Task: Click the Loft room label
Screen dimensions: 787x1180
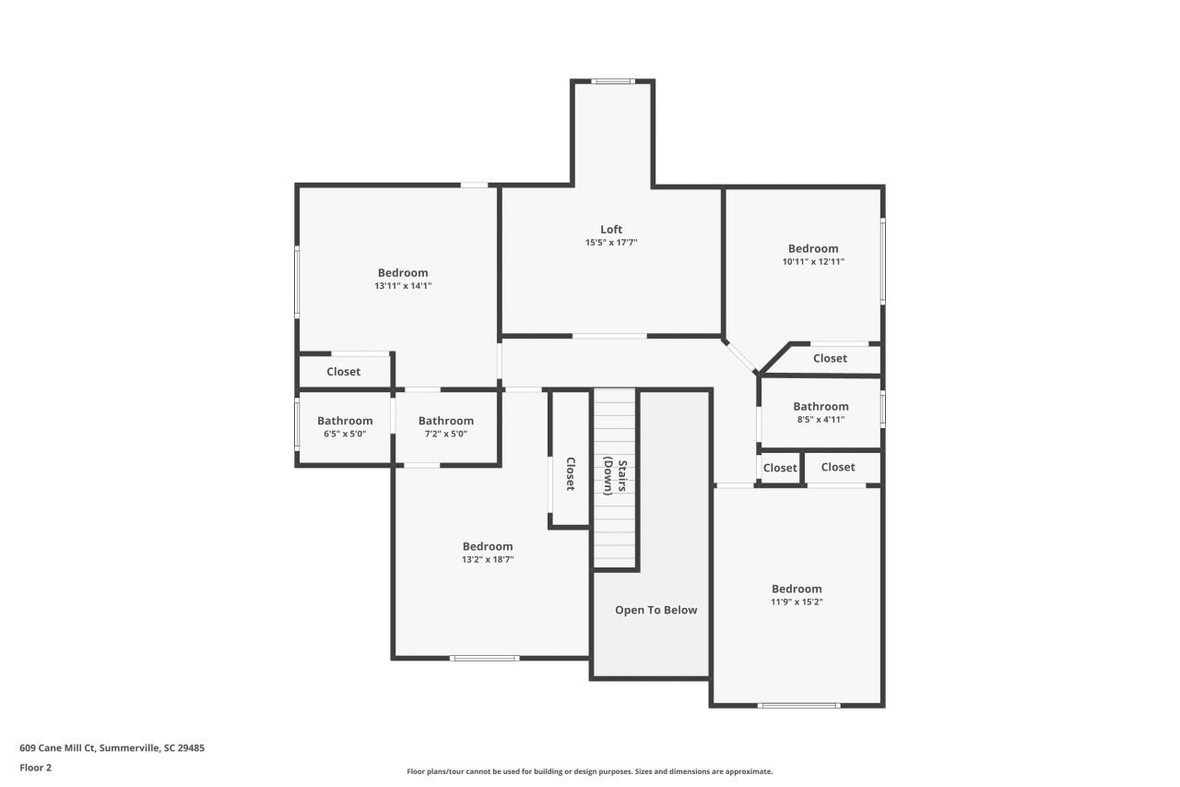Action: tap(611, 230)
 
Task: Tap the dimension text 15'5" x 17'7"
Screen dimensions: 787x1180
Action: tap(611, 243)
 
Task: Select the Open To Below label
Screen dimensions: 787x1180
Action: tap(655, 610)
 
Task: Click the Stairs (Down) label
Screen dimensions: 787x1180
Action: tap(615, 477)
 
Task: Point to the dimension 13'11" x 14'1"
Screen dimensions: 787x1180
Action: tap(403, 286)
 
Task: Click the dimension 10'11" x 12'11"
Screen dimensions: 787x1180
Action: tap(813, 262)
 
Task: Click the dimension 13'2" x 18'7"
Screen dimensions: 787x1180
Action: tap(488, 559)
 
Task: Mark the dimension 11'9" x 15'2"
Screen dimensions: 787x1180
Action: tap(796, 602)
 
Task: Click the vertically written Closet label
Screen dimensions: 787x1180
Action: tap(570, 473)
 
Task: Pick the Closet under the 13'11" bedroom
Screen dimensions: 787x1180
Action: tap(344, 372)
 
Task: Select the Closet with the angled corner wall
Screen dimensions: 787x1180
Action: tap(830, 359)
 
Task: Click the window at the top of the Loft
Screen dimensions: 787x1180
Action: tap(612, 82)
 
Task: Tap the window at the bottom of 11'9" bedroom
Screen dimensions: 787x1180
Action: tap(798, 706)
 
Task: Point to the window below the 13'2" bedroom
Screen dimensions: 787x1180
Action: tap(484, 658)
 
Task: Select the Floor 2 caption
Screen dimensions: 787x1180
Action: tap(36, 768)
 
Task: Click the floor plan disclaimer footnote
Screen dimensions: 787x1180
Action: tap(589, 771)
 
